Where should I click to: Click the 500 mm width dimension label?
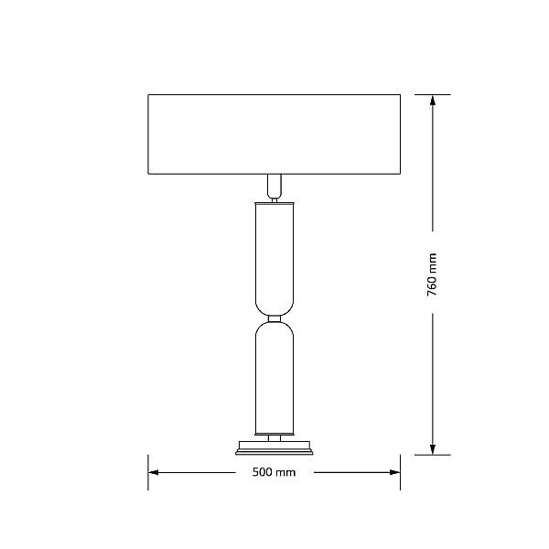tap(274, 472)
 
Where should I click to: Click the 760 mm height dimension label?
tap(432, 274)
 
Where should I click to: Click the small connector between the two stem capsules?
tap(274, 319)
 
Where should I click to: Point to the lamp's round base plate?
tap(274, 448)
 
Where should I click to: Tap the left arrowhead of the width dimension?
tap(153, 472)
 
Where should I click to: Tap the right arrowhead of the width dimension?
tap(395, 472)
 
